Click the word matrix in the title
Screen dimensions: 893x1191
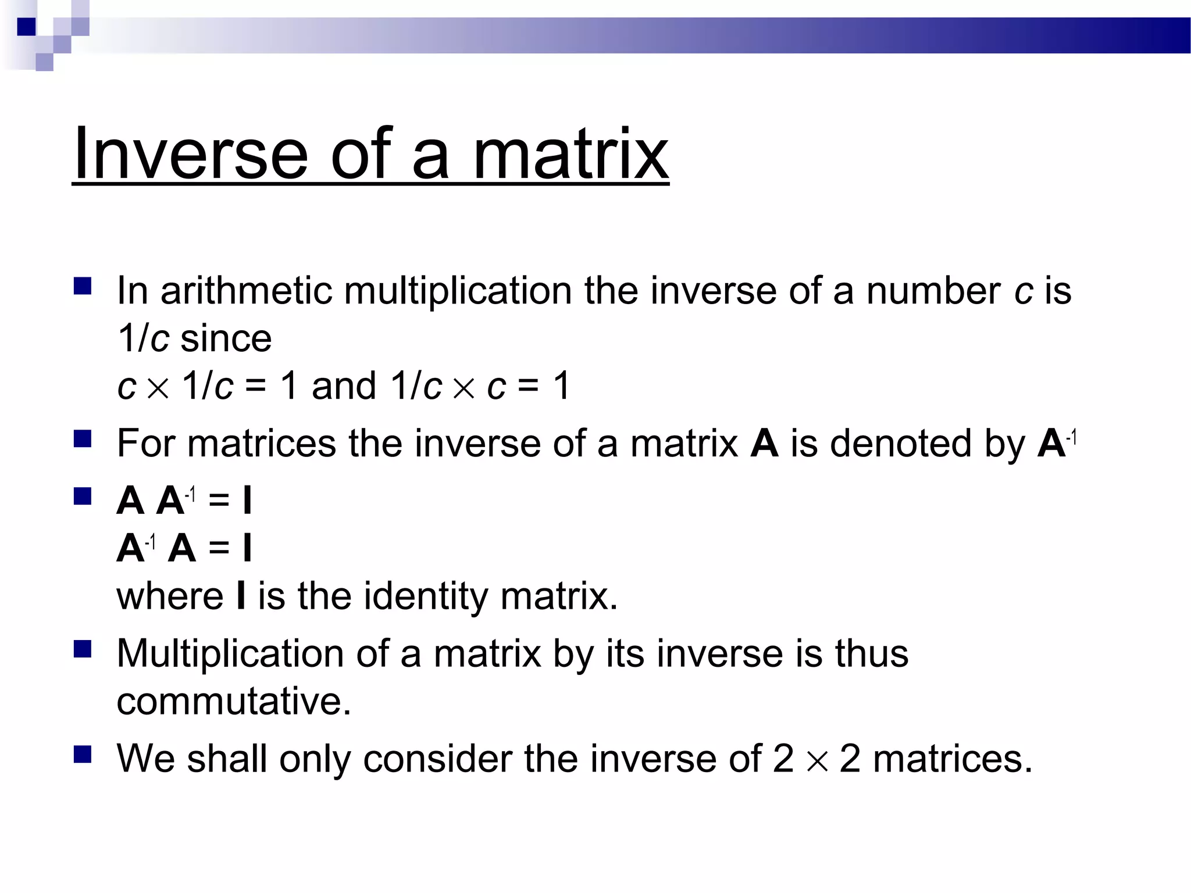pyautogui.click(x=570, y=153)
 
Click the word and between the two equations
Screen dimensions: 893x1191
pyautogui.click(x=344, y=385)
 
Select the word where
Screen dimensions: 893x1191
pyautogui.click(x=170, y=596)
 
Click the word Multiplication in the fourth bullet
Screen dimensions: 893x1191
pyautogui.click(x=230, y=653)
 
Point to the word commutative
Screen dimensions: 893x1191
pyautogui.click(x=234, y=701)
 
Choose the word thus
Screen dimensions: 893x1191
pyautogui.click(x=871, y=653)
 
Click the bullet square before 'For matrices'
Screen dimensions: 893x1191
pyautogui.click(x=83, y=438)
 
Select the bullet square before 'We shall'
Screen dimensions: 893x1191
pyautogui.click(x=83, y=754)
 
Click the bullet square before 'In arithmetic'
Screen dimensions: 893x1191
pyautogui.click(x=83, y=286)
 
